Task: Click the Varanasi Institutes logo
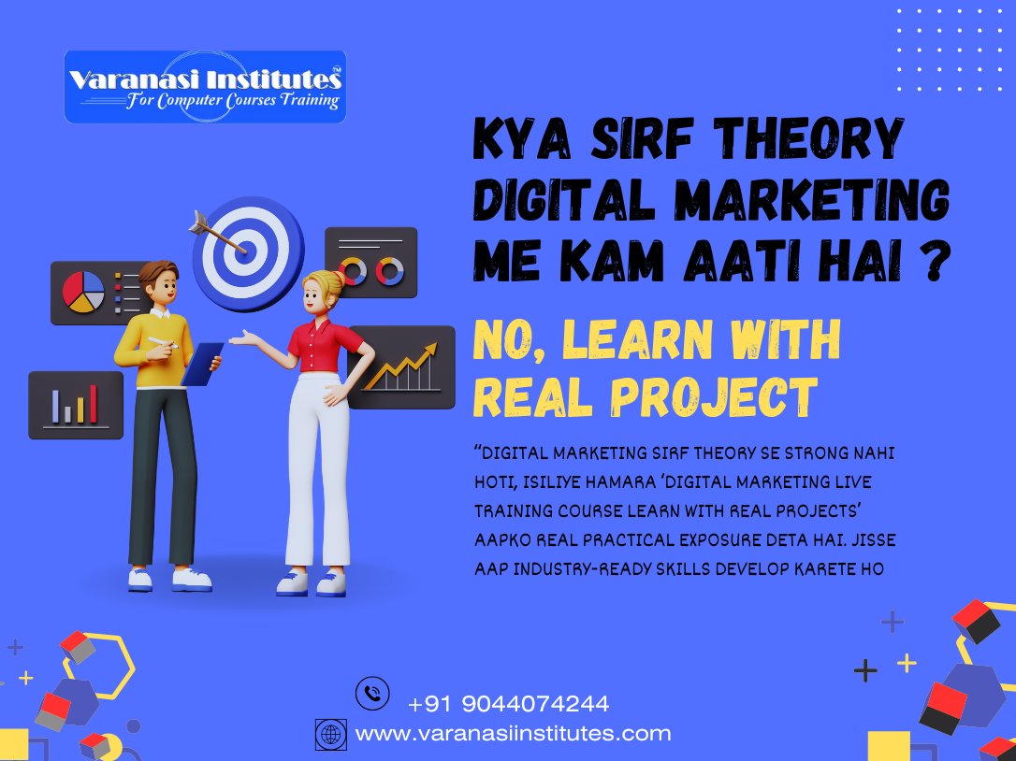[x=205, y=87]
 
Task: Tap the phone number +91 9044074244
[x=508, y=703]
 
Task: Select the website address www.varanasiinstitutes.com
[x=513, y=734]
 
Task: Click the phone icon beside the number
[x=372, y=694]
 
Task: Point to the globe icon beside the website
[x=331, y=734]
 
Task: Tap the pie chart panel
[x=85, y=291]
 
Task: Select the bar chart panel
[x=76, y=405]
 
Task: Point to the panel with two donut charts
[x=371, y=264]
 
